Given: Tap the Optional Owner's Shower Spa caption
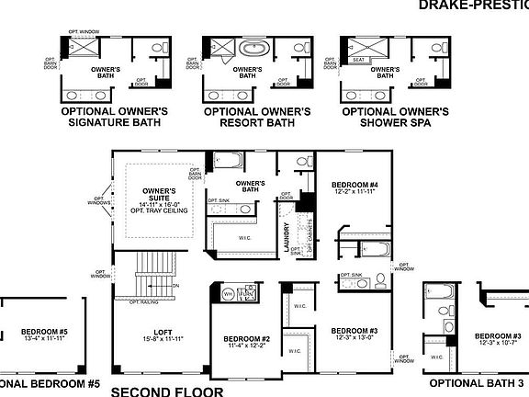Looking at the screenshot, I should click(395, 117).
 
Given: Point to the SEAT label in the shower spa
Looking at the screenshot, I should click(358, 61).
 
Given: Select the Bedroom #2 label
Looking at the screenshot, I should click(249, 339).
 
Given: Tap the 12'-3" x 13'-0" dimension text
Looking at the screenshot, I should click(355, 338).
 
